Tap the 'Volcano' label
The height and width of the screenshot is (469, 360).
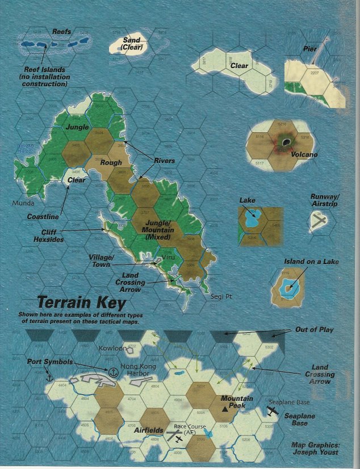click(x=304, y=154)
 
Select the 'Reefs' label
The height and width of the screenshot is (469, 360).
click(x=61, y=32)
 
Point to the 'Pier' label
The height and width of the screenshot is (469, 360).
click(x=310, y=49)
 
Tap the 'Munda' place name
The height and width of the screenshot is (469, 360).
click(x=22, y=203)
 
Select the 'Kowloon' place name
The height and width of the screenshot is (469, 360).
click(x=110, y=347)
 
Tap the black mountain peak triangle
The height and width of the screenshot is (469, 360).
click(x=225, y=408)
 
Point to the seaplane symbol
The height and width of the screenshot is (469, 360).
click(x=272, y=412)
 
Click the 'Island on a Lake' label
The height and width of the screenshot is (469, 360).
click(x=311, y=262)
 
